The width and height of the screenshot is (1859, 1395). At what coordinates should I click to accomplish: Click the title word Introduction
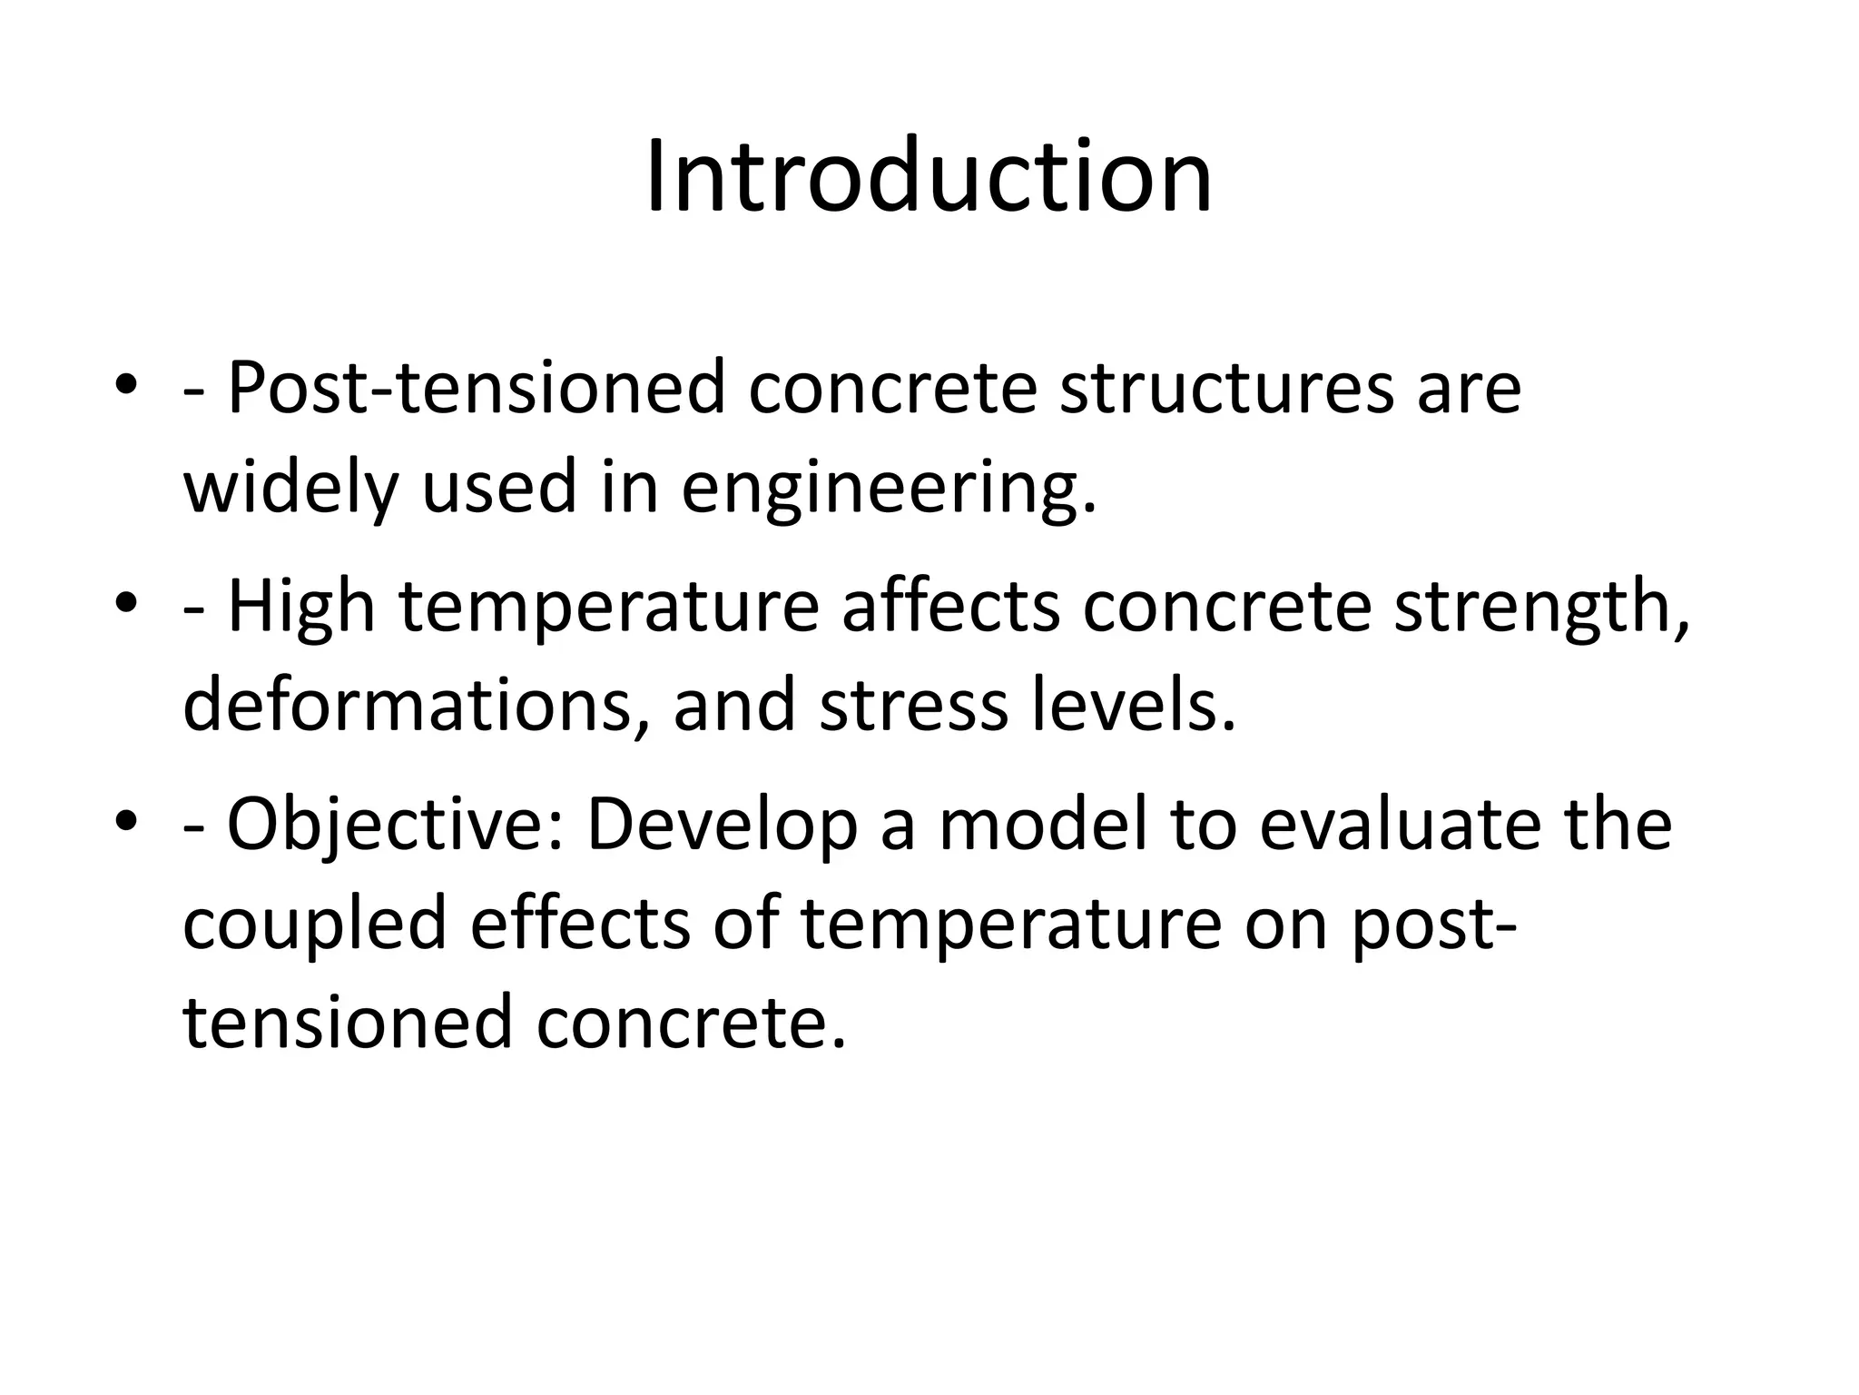(x=929, y=176)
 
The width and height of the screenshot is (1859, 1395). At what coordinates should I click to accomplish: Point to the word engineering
(x=888, y=488)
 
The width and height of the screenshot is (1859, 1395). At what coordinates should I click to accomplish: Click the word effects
(x=580, y=924)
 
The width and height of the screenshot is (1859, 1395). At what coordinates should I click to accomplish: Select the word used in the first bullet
(x=499, y=488)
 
